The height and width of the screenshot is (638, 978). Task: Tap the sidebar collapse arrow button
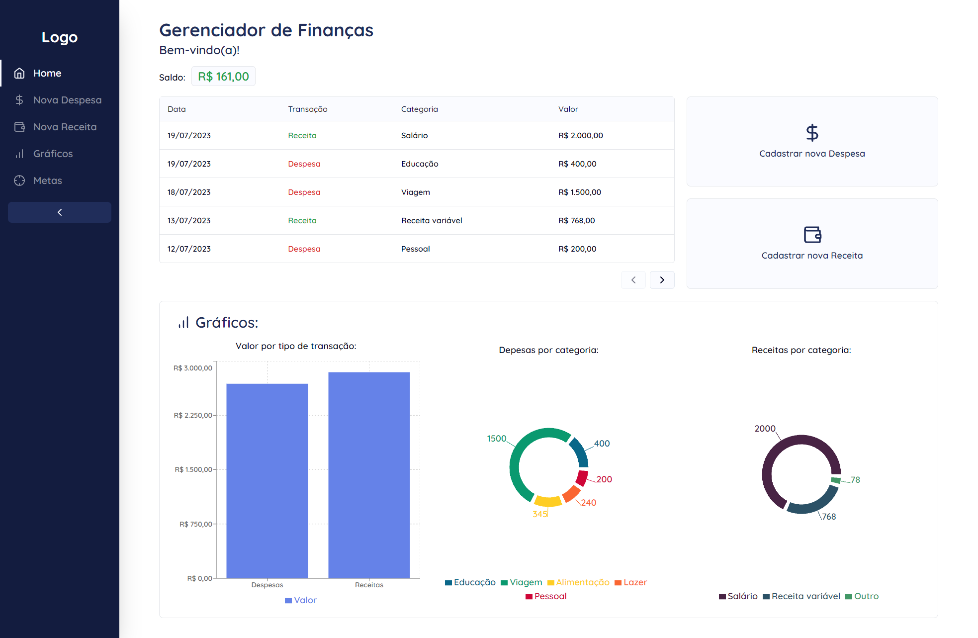[x=60, y=212]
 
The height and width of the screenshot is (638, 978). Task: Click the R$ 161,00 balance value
[x=223, y=77]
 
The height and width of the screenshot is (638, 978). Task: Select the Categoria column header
[x=419, y=109]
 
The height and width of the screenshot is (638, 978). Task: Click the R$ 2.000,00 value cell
[x=580, y=135]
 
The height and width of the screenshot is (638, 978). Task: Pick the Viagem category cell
[x=415, y=192]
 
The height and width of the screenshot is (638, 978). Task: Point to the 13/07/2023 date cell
[x=189, y=220]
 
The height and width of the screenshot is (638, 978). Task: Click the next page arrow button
[x=662, y=280]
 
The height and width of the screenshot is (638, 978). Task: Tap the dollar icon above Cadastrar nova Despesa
[x=812, y=133]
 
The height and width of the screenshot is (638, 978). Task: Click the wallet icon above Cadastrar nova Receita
[x=812, y=234]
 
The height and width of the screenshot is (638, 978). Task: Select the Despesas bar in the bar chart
[x=267, y=480]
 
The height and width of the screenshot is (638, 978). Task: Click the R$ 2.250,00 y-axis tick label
[x=192, y=415]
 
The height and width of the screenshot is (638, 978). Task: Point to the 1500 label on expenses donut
[x=496, y=439]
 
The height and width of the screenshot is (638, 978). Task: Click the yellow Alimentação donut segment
[x=547, y=501]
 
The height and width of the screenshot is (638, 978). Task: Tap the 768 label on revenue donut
[x=829, y=517]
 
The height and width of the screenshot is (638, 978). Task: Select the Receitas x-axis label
[x=369, y=585]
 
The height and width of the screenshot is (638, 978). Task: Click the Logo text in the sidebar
[x=60, y=37]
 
